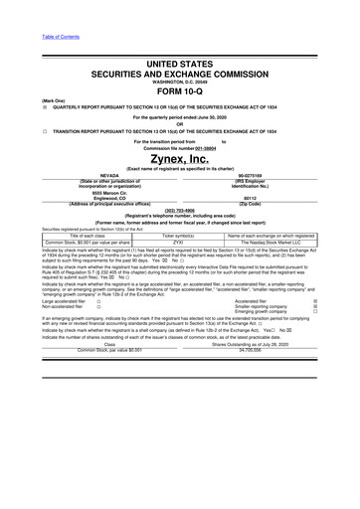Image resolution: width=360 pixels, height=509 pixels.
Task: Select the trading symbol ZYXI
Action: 179,241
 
